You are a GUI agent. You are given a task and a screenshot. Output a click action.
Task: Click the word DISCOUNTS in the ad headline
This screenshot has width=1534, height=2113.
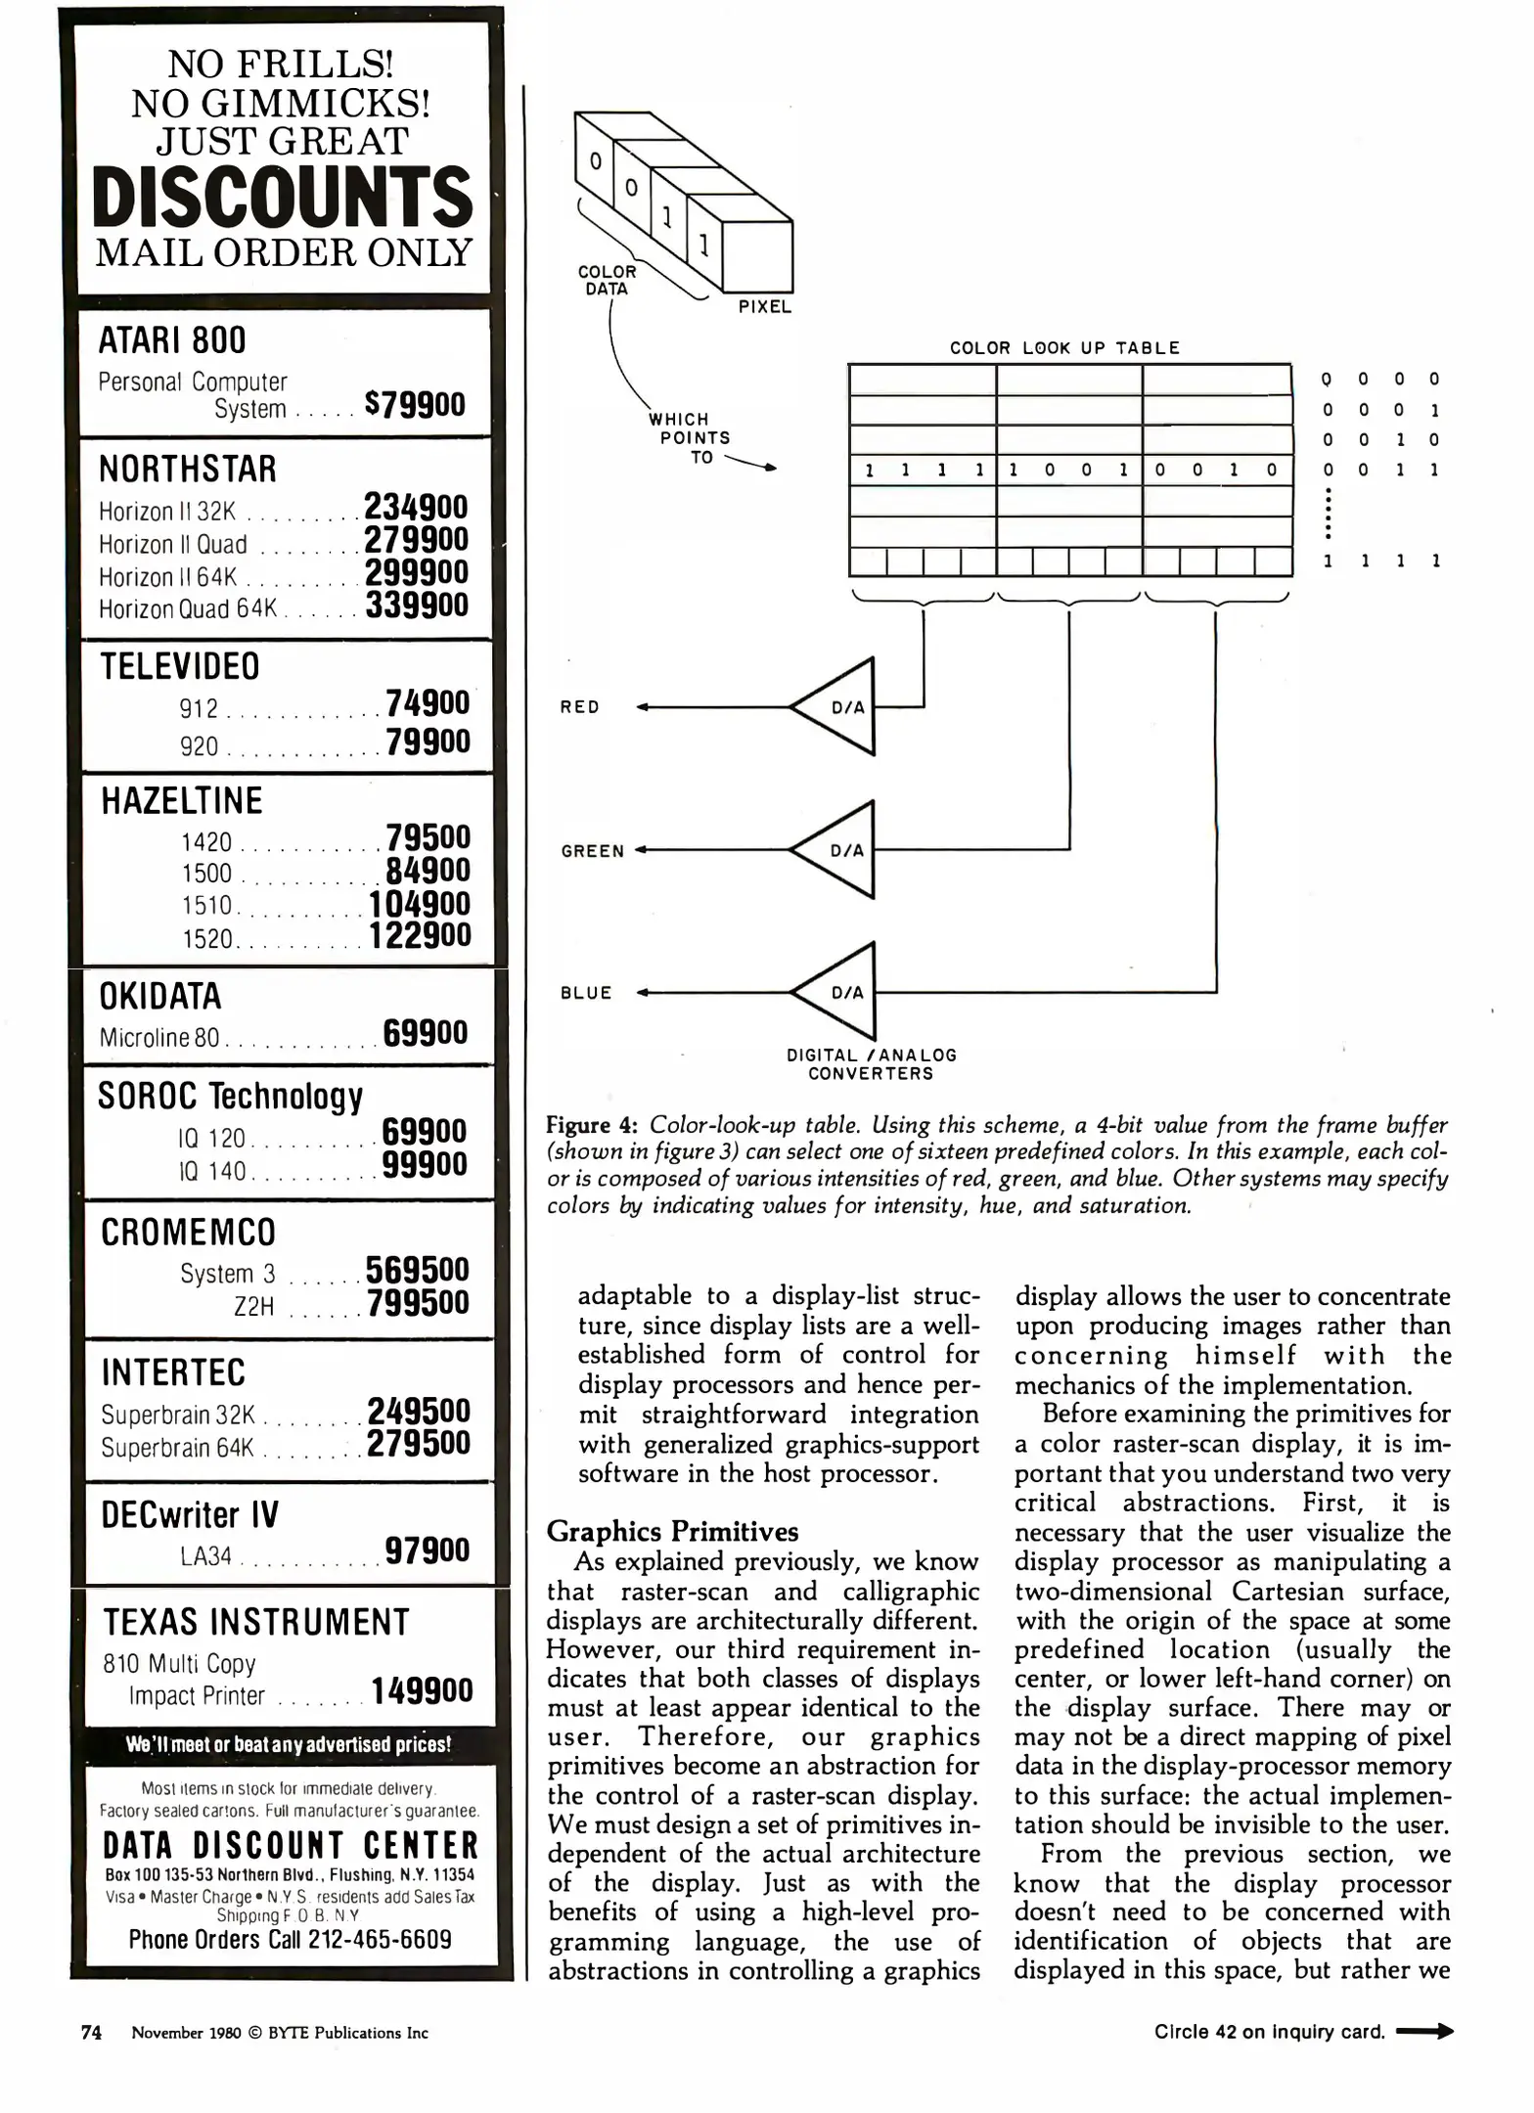coord(283,197)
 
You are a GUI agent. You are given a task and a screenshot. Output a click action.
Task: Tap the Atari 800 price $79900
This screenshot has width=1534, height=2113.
coord(415,404)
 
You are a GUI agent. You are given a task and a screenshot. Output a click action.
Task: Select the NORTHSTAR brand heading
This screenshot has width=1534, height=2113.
coord(188,470)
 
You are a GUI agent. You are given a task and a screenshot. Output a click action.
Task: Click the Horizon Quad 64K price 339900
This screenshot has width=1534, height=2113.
coord(418,606)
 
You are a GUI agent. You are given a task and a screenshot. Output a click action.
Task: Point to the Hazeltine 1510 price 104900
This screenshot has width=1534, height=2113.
coord(420,904)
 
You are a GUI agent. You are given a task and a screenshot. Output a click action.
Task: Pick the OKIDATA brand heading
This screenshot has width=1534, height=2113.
coord(161,997)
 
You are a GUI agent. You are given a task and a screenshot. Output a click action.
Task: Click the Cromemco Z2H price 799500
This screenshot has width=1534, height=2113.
coord(419,1303)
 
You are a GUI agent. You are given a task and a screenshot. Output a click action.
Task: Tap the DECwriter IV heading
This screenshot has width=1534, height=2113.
coord(190,1515)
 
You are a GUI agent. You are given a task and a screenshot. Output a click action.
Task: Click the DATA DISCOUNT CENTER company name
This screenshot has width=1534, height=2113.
coord(291,1846)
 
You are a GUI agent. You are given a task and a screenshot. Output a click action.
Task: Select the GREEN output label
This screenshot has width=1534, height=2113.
coord(593,851)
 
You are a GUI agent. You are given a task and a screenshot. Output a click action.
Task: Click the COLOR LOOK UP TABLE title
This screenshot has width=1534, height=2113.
coord(1064,348)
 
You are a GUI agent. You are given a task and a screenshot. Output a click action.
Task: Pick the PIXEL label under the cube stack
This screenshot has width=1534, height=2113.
coord(764,307)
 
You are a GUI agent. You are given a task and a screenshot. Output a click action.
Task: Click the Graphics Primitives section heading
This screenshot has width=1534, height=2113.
coord(672,1531)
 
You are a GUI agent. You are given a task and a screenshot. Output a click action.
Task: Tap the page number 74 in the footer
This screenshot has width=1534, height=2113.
coord(91,2032)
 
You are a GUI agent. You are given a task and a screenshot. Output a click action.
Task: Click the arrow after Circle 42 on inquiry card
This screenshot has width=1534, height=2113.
coord(1424,2032)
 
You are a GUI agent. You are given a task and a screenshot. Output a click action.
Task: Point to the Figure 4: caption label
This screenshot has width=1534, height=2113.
coord(592,1125)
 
